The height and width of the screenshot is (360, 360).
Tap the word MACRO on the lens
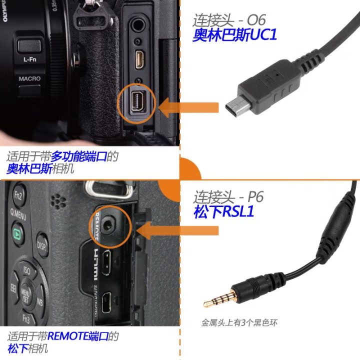(x=29, y=78)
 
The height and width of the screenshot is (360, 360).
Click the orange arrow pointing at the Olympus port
(x=190, y=106)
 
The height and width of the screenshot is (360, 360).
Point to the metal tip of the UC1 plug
(x=233, y=105)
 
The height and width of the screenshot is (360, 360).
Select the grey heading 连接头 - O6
(x=229, y=20)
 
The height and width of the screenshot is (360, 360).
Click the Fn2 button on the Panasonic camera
(x=19, y=194)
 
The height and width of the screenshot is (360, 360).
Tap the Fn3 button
(x=26, y=319)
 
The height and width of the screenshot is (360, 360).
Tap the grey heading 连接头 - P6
(x=228, y=197)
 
